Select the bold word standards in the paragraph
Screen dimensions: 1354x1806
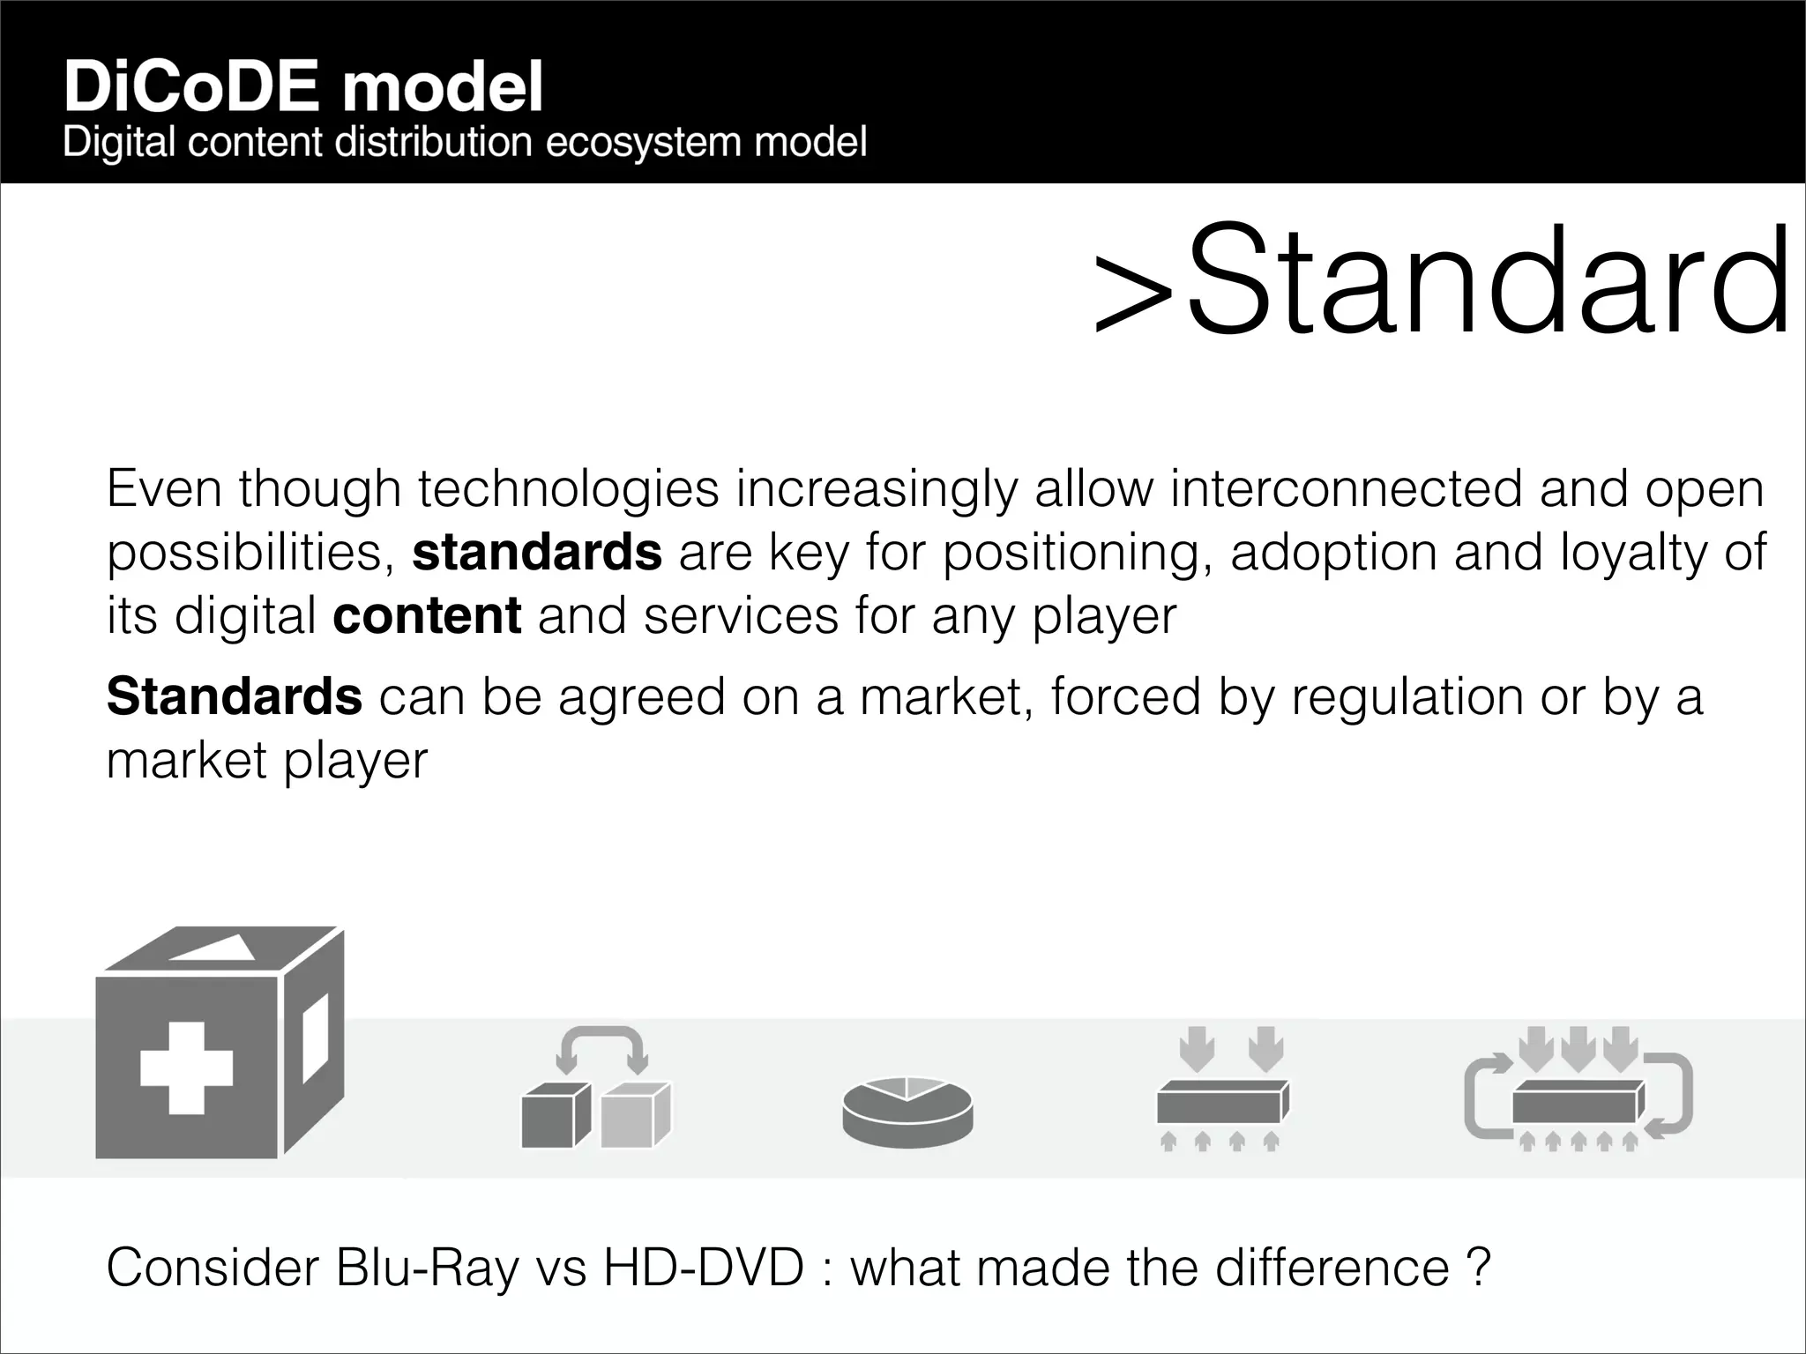coord(536,552)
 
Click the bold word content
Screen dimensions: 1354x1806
coord(427,615)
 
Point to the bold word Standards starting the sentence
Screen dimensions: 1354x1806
coord(234,696)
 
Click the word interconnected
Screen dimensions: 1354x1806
coord(1346,488)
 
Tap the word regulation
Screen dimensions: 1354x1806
coord(1407,696)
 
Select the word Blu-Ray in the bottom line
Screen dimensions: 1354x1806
coord(427,1268)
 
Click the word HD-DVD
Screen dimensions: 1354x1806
coord(703,1268)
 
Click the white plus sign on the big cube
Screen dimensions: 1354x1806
coord(187,1068)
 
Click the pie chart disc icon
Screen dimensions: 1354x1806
coord(907,1112)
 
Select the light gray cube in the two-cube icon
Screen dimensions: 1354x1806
coord(633,1116)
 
